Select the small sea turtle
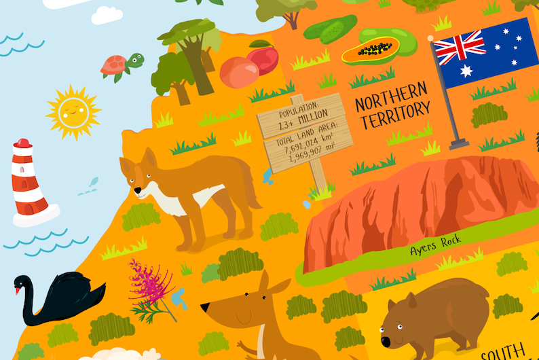122,65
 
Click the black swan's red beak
17,291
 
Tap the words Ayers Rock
435,245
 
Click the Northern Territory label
393,105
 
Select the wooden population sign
305,129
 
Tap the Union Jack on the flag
460,46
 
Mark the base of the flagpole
459,143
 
